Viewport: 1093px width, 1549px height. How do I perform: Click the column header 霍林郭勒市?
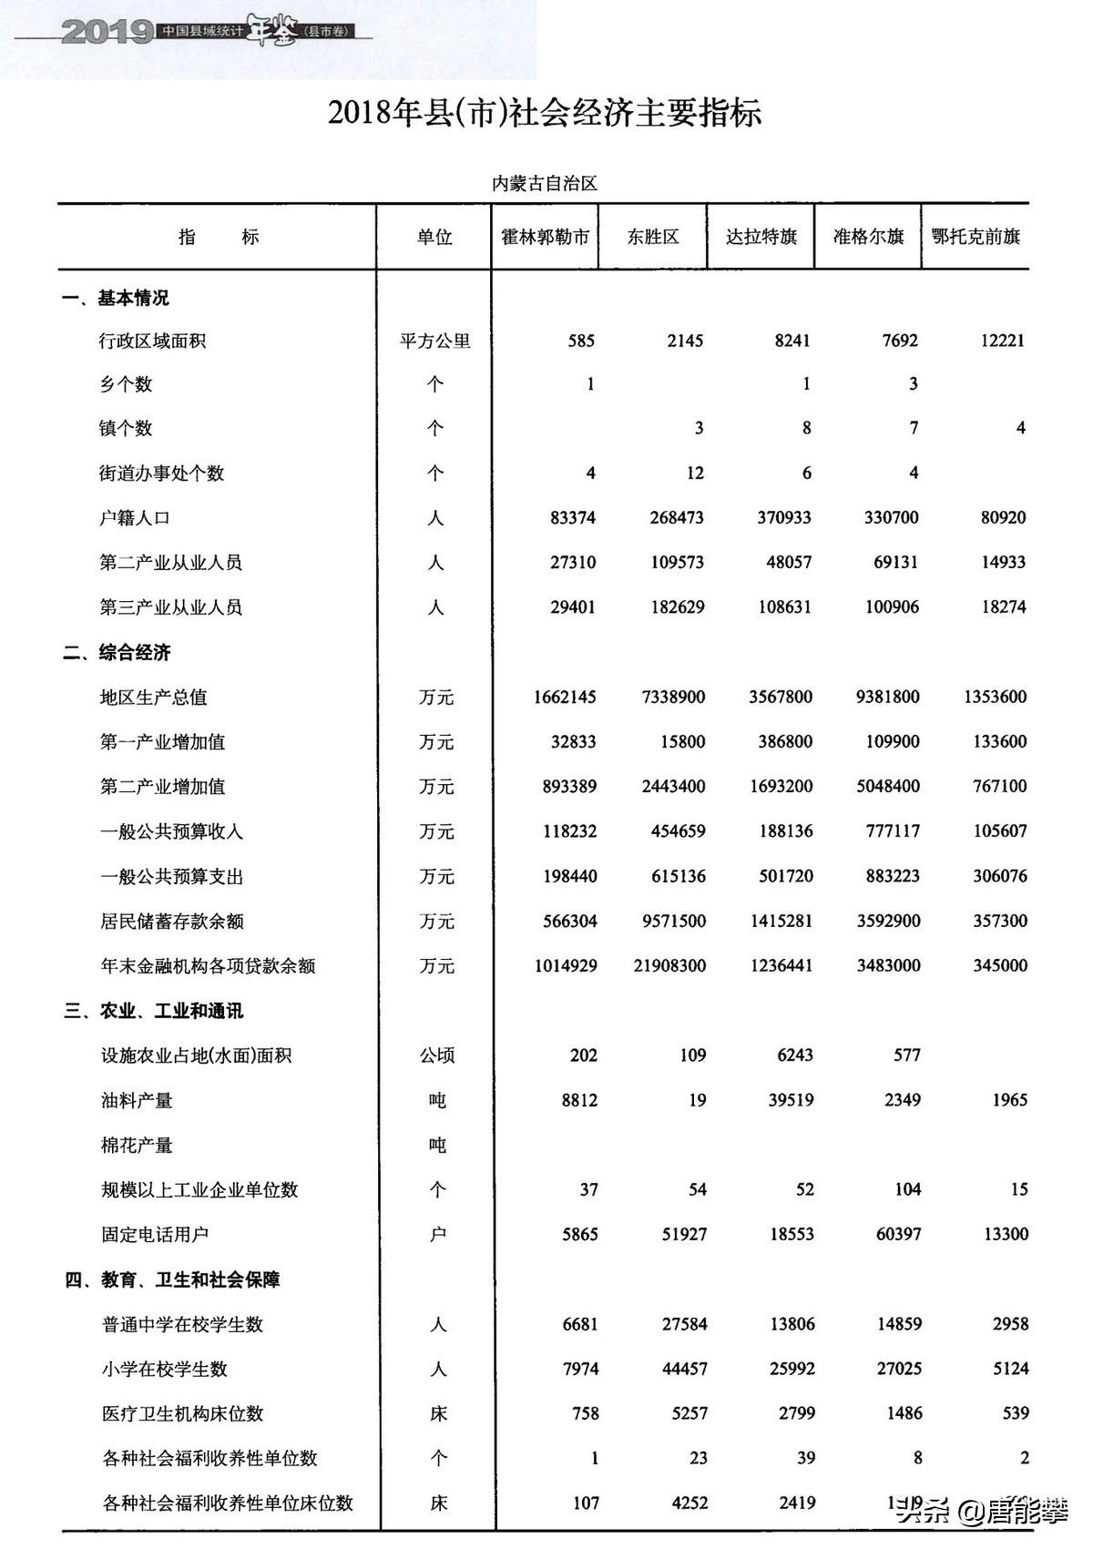(x=545, y=237)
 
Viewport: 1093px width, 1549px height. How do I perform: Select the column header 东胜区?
(x=653, y=237)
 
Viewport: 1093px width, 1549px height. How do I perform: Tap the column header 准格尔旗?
(x=868, y=237)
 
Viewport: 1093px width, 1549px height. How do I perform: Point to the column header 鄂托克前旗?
(x=976, y=237)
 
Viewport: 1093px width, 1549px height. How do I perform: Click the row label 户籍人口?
(x=135, y=518)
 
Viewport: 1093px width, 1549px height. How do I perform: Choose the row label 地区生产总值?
(x=153, y=698)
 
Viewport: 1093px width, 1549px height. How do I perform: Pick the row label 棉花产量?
(x=137, y=1145)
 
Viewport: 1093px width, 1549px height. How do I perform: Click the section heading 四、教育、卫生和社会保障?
(x=172, y=1279)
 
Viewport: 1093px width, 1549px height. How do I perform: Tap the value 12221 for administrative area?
(x=1002, y=341)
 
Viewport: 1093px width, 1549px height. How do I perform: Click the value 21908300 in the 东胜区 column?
(x=669, y=965)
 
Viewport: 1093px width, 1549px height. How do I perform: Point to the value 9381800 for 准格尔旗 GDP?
(x=887, y=698)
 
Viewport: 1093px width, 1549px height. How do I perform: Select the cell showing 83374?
(x=573, y=518)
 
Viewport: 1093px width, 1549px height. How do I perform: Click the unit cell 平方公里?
(x=435, y=341)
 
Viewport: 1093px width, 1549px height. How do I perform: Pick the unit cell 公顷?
(x=437, y=1055)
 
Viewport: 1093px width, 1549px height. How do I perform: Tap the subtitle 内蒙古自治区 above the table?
(x=545, y=184)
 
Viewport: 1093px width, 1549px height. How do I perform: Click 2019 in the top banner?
(x=107, y=33)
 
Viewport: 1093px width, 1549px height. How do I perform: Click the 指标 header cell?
(x=219, y=238)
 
